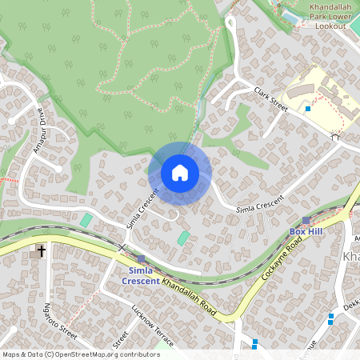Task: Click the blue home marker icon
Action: pos(180,173)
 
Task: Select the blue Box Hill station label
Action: pos(305,231)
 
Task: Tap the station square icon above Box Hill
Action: pos(306,220)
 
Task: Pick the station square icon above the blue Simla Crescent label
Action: pos(141,259)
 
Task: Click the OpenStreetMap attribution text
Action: pos(80,354)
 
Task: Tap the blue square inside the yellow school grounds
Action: pos(308,108)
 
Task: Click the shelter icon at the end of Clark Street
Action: pos(335,137)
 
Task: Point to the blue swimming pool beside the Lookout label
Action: pos(290,15)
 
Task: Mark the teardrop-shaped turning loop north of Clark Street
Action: pos(230,24)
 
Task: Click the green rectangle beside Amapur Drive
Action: pos(86,219)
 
